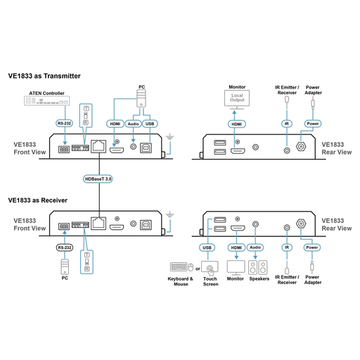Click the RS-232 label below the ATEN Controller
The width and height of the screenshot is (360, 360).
[65, 123]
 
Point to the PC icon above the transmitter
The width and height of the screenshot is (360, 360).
[141, 95]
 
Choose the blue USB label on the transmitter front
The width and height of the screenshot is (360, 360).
[149, 123]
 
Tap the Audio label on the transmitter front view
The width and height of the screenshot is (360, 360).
[133, 123]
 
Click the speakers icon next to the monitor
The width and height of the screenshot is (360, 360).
[259, 268]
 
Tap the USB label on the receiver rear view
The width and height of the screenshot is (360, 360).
[206, 247]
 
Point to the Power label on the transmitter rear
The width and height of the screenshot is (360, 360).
[313, 123]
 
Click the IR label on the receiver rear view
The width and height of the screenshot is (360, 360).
[286, 247]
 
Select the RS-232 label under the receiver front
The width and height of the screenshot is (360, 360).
[65, 247]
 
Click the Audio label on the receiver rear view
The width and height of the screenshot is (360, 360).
[255, 247]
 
